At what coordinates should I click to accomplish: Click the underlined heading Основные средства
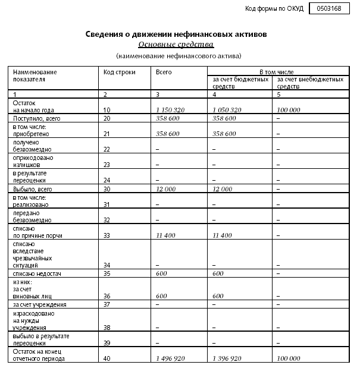pos(176,45)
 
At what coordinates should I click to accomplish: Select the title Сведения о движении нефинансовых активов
pos(176,34)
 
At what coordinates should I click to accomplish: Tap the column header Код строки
pos(119,72)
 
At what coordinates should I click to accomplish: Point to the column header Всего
pos(164,72)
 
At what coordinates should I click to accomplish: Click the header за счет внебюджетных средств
pos(310,82)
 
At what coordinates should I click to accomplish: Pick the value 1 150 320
pos(171,110)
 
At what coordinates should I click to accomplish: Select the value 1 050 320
pos(227,110)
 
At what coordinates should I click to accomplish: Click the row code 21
pos(107,134)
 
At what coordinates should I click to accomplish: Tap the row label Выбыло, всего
pos(32,188)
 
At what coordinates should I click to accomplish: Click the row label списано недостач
pos(37,273)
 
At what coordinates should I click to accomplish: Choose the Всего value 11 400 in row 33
pos(168,235)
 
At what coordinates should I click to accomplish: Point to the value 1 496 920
pos(171,358)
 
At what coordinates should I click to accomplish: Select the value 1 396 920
pos(227,358)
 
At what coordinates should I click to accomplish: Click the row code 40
pos(107,358)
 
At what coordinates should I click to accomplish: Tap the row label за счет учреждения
pos(39,304)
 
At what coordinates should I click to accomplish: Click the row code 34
pos(107,266)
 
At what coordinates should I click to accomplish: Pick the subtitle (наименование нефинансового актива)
pos(179,56)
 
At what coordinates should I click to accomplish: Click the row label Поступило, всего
pos(37,118)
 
